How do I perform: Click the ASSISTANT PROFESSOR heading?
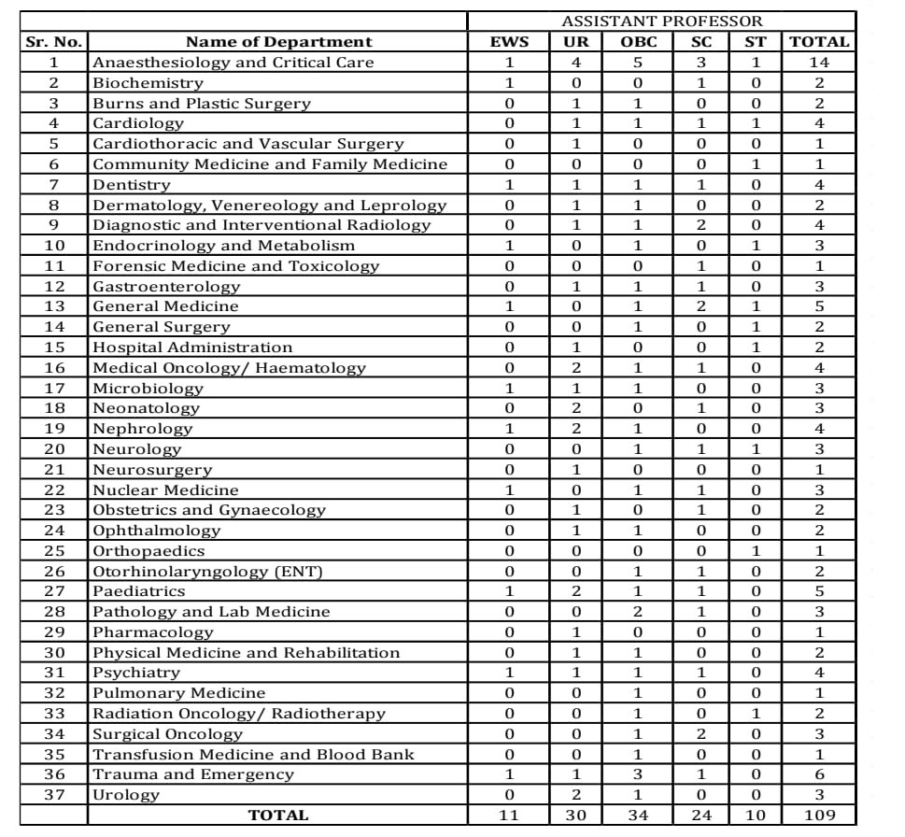[661, 21]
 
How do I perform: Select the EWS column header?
[510, 41]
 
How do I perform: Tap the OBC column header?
[639, 41]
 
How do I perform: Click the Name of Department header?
[278, 41]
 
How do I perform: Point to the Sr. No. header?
[53, 41]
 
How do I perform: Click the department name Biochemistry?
[147, 82]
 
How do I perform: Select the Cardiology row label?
[138, 122]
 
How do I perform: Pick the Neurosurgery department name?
[152, 469]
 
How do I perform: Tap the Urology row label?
[126, 795]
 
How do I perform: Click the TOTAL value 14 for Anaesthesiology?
[819, 62]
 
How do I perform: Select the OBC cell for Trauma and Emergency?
[639, 774]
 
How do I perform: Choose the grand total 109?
[819, 816]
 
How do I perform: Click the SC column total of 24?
[700, 816]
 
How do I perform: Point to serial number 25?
[53, 550]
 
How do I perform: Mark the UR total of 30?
[576, 816]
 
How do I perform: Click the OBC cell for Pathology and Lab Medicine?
[639, 612]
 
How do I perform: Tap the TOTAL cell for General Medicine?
[819, 306]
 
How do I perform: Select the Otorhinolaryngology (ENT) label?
[207, 571]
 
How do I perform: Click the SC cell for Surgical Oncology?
[700, 734]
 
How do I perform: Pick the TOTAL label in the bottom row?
[278, 816]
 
